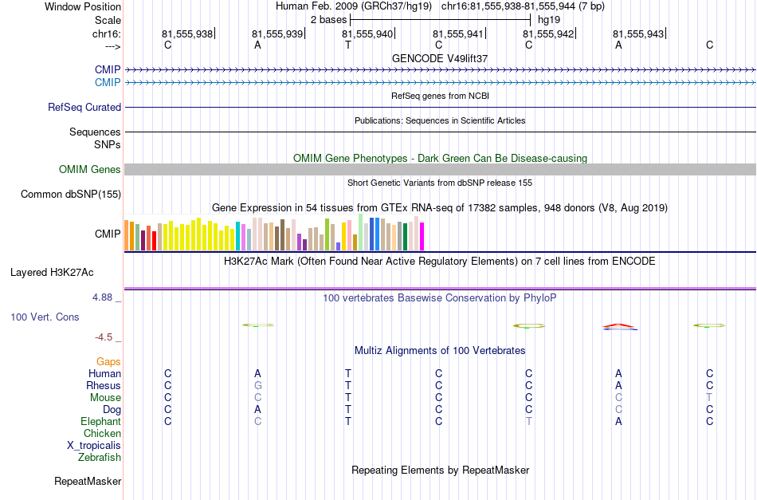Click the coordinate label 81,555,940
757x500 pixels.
pos(367,33)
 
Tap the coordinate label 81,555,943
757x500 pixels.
pos(638,33)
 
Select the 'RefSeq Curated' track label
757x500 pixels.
pos(84,107)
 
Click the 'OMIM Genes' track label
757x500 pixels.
pos(90,170)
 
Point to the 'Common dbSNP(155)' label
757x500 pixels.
pos(71,195)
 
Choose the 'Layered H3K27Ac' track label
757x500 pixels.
pos(52,273)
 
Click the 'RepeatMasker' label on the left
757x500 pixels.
pos(88,481)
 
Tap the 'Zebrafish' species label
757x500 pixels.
pos(100,457)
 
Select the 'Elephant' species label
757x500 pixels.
pos(101,421)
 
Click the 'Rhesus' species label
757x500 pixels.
pos(104,385)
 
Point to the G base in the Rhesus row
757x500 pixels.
pos(258,385)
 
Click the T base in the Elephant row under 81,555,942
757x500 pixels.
pos(528,421)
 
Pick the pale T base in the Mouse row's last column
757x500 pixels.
pos(709,398)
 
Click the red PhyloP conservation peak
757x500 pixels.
pos(619,326)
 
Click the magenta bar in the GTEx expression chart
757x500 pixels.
pos(422,236)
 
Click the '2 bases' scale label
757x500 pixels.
pos(328,20)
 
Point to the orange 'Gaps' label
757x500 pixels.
pos(108,362)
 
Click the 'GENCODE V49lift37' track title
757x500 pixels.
pos(440,58)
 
